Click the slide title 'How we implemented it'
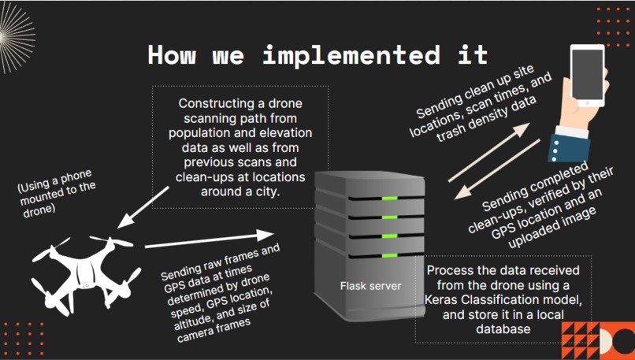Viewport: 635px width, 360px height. (317, 55)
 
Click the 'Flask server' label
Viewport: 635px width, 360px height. (370, 286)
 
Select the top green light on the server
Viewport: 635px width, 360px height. (389, 198)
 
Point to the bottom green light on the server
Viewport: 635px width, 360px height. (389, 255)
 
